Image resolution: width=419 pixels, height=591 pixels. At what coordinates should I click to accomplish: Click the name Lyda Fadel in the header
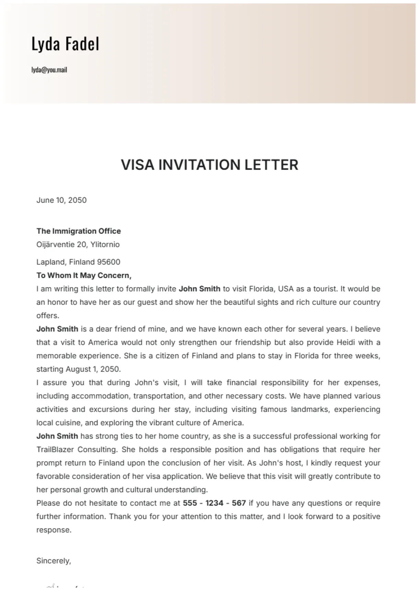pos(65,44)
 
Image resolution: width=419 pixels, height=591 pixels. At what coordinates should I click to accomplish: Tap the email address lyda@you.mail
pos(49,70)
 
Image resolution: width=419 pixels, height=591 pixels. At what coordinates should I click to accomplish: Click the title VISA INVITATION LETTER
pos(209,165)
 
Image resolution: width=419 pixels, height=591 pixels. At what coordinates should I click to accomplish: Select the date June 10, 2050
pos(61,200)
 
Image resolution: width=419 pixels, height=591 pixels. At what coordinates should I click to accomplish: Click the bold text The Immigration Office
pos(79,231)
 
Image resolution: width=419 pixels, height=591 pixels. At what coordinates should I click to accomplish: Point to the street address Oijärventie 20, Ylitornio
pos(78,245)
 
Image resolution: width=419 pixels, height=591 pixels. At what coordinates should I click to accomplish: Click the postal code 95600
pos(109,262)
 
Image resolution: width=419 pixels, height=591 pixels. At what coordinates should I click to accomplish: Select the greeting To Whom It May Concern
pos(84,275)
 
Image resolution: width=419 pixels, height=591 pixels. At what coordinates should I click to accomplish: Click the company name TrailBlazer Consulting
pos(77,450)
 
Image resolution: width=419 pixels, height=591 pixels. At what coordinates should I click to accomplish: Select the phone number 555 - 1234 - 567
pos(214,503)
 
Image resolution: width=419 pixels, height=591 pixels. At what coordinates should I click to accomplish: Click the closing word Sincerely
pos(53,561)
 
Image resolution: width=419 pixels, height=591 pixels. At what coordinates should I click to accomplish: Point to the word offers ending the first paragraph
pos(47,316)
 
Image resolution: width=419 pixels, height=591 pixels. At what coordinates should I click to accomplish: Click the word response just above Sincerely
pos(54,530)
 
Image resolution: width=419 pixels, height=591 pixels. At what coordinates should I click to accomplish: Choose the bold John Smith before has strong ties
pos(57,436)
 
